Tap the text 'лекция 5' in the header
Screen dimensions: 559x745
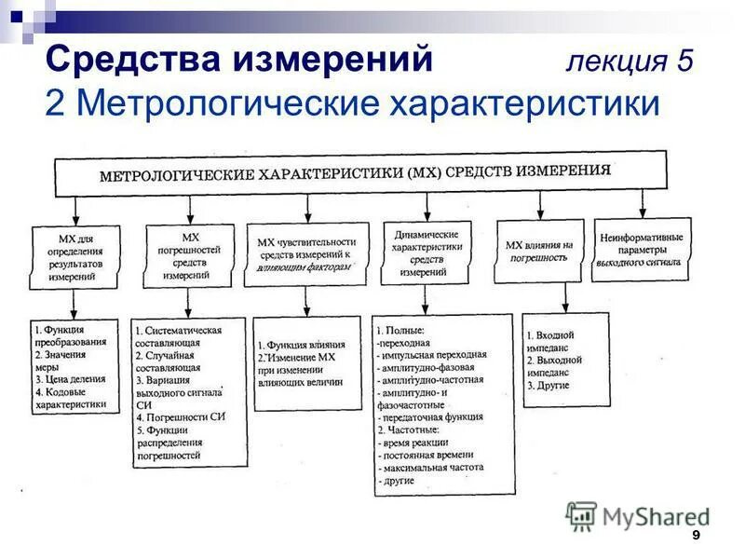(630, 61)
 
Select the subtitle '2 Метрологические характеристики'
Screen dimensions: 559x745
(351, 103)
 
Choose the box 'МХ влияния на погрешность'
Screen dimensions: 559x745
(539, 251)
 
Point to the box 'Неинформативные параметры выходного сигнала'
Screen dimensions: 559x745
(643, 249)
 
